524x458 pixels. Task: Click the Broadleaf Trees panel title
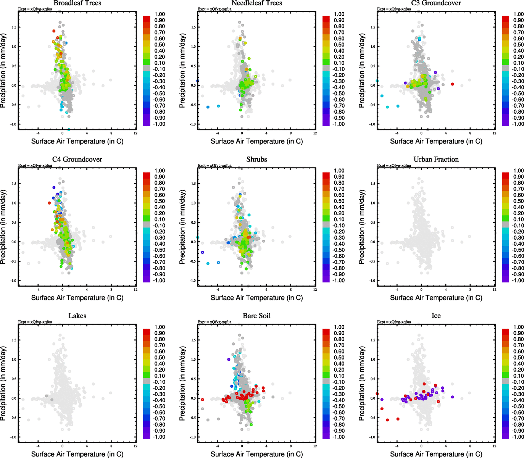point(77,3)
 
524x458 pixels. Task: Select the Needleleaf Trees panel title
point(256,3)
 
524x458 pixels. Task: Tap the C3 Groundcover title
point(436,3)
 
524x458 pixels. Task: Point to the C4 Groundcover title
point(77,160)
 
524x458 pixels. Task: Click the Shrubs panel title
point(256,160)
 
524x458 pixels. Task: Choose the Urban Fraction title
point(436,160)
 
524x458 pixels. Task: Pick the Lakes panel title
point(77,316)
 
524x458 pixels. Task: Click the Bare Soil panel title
point(256,316)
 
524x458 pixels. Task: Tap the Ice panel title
point(436,316)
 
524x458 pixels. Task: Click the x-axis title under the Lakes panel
point(77,454)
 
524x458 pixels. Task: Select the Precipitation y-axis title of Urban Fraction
point(362,227)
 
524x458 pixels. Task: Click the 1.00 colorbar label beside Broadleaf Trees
point(160,14)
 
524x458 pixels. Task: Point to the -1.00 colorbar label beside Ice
point(518,437)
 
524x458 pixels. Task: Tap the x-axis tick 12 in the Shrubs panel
point(315,290)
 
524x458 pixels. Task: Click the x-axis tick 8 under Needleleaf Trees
point(291,133)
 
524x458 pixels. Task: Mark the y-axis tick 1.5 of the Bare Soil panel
point(193,340)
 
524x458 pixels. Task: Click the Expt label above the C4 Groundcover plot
point(35,166)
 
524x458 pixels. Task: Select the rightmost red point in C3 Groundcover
point(452,84)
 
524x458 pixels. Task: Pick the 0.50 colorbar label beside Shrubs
point(339,201)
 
